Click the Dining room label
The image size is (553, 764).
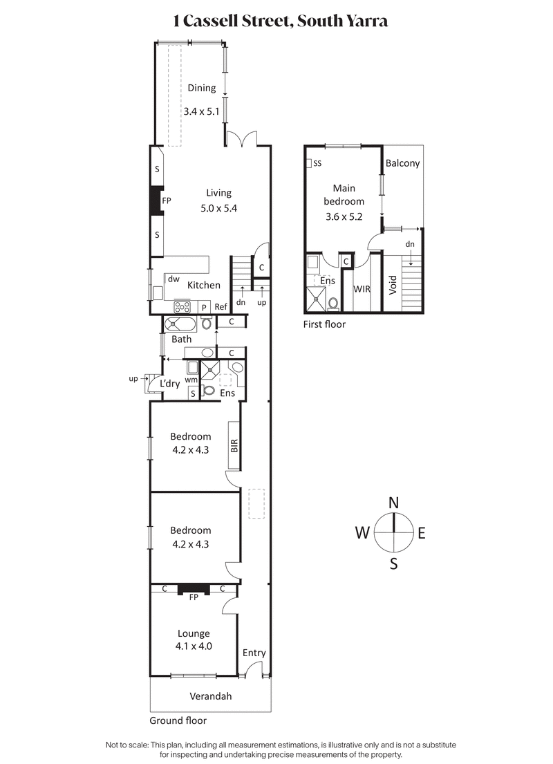click(202, 88)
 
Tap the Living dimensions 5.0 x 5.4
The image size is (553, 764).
click(218, 208)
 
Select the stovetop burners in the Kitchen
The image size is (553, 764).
click(182, 306)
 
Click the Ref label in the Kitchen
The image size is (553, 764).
click(221, 307)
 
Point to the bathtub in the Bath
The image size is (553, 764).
click(181, 324)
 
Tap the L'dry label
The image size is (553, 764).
click(170, 384)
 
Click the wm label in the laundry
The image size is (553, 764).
click(191, 380)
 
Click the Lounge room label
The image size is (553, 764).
click(194, 633)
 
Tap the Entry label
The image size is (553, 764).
click(254, 653)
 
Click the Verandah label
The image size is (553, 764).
click(211, 696)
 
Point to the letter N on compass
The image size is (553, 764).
click(394, 503)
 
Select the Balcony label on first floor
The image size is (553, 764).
click(403, 163)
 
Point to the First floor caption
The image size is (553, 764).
click(324, 324)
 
